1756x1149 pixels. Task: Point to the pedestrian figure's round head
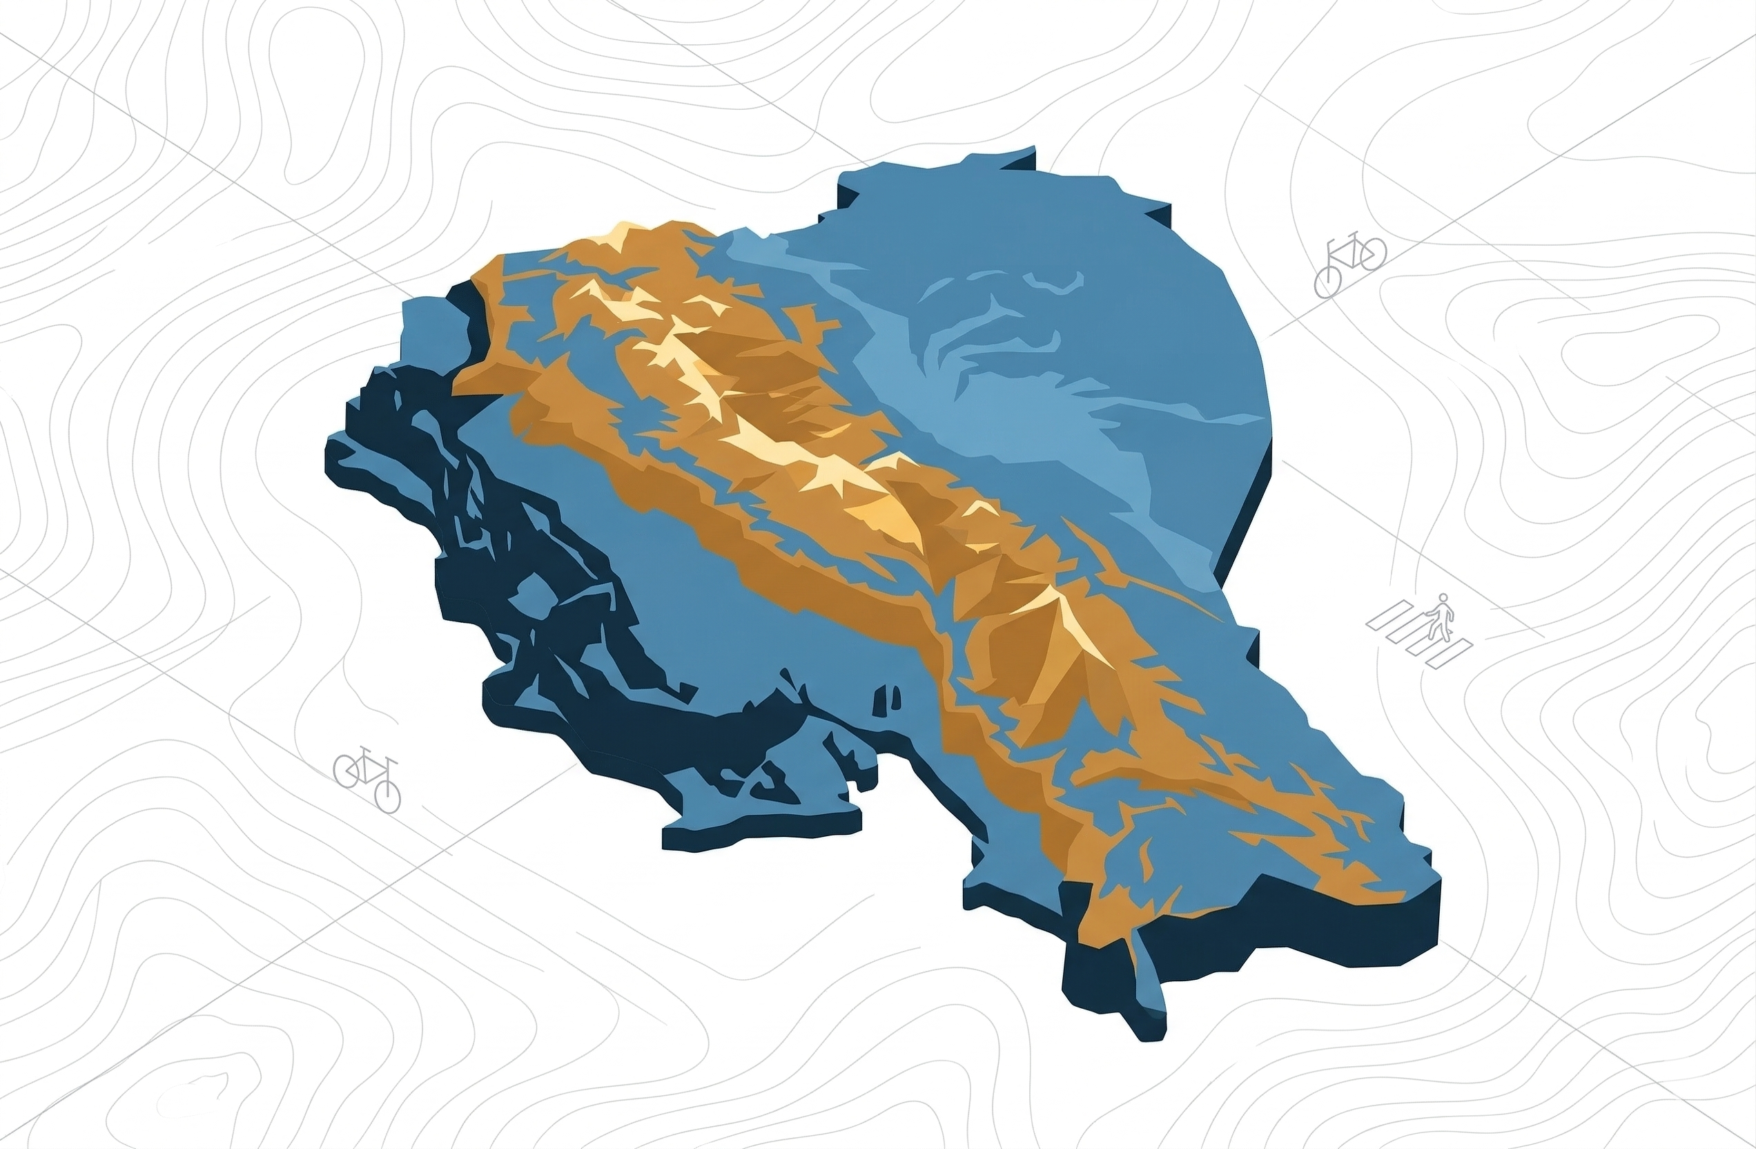(1443, 598)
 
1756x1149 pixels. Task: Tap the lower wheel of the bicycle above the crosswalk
(1327, 282)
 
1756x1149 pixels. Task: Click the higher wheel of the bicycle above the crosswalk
(1372, 253)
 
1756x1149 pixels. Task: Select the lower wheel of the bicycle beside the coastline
(387, 796)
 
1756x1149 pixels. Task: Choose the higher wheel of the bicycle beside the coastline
(347, 770)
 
